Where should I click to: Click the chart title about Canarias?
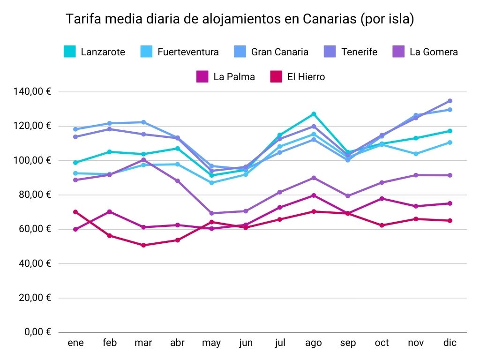click(x=240, y=20)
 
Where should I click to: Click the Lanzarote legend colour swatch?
click(x=70, y=52)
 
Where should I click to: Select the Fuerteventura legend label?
click(x=188, y=52)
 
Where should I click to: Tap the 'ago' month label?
click(x=314, y=343)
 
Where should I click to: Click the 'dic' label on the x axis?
click(x=450, y=343)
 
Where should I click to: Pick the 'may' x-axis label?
click(x=211, y=343)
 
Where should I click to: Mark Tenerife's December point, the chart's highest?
click(x=450, y=101)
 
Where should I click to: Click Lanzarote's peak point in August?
click(x=314, y=114)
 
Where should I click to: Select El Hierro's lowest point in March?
click(x=143, y=245)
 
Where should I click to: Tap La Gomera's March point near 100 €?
click(x=143, y=160)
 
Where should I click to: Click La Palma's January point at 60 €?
click(x=75, y=229)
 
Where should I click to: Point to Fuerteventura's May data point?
click(x=211, y=182)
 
